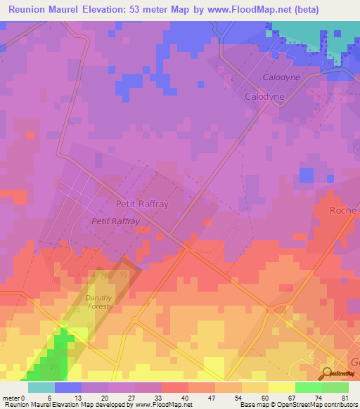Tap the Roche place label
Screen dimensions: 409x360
pos(344,210)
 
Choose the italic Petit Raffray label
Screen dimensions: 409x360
pos(116,221)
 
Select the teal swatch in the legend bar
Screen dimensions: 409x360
pos(41,387)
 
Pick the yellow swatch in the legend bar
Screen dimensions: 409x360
pos(281,387)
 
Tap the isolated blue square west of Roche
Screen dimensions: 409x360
pos(306,174)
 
